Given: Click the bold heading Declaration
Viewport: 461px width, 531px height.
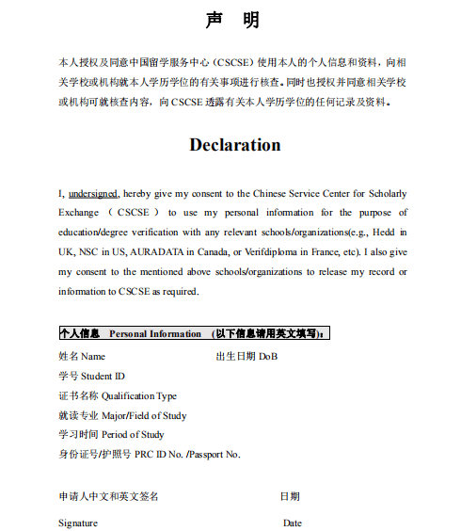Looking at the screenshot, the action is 234,145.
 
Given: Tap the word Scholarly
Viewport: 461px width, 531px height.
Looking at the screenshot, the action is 387,193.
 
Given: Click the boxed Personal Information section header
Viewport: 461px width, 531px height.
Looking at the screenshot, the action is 193,333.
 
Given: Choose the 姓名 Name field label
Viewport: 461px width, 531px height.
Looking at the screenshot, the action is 82,357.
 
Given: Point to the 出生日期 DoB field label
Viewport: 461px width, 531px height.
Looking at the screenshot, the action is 246,357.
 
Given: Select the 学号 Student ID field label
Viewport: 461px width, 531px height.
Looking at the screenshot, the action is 91,377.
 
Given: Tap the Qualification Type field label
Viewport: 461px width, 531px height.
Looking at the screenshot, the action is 138,395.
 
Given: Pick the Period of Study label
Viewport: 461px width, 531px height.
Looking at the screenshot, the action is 132,435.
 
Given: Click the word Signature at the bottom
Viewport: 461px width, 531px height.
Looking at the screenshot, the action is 77,523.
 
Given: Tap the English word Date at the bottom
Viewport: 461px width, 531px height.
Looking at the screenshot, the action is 292,523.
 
